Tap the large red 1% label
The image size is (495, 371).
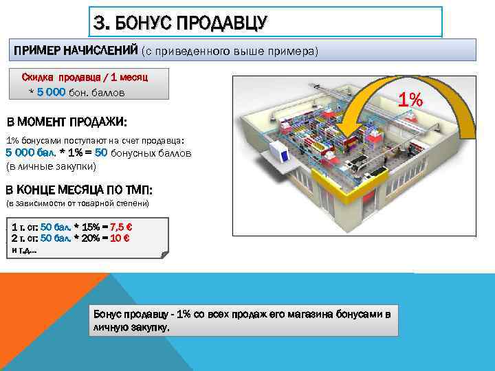(x=410, y=100)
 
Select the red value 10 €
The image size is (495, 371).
(x=120, y=238)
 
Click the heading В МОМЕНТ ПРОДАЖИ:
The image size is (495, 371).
(x=66, y=122)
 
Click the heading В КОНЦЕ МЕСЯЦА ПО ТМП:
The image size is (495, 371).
(x=78, y=190)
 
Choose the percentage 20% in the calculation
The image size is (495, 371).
(x=89, y=238)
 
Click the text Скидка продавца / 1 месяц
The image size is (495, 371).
(x=85, y=77)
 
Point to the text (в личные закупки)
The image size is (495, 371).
(x=51, y=166)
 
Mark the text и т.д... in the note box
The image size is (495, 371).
(x=25, y=249)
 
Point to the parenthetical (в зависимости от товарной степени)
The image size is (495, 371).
(x=77, y=204)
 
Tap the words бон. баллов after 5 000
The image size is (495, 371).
(x=100, y=92)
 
